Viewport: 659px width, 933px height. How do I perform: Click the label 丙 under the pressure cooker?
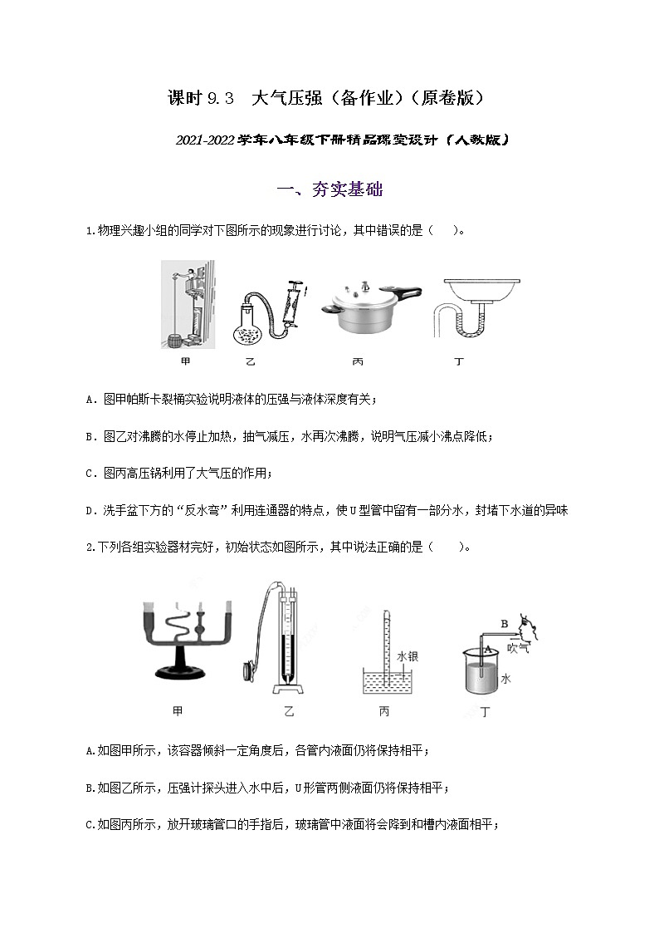(x=358, y=362)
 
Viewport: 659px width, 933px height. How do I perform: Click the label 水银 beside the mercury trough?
(x=407, y=656)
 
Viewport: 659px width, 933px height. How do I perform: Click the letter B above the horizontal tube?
(x=504, y=622)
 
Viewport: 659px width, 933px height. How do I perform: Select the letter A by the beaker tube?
(x=487, y=648)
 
